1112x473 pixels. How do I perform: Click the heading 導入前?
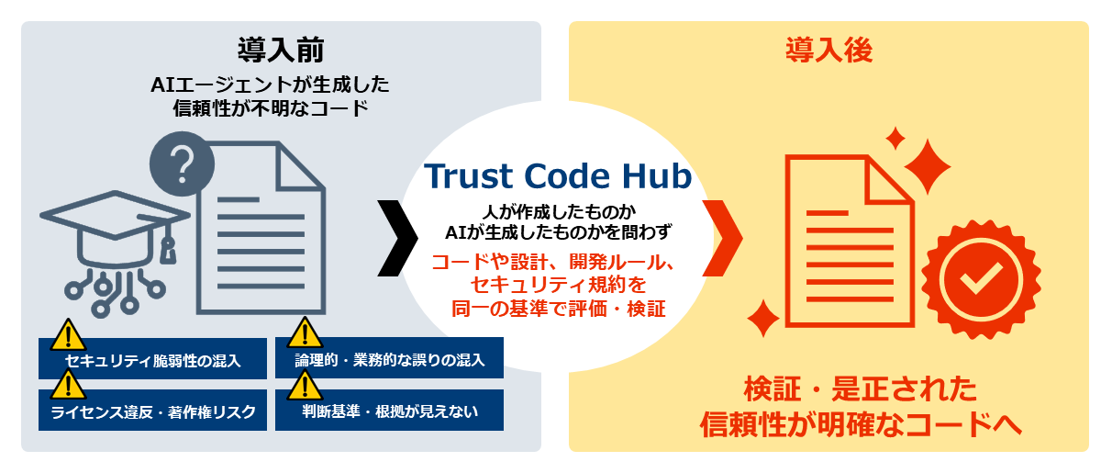pos(281,51)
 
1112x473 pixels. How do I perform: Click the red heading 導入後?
pos(829,51)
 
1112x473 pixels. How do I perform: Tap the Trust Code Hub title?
pos(558,176)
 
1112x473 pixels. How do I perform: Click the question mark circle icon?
pos(183,164)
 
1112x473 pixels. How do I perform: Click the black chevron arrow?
pos(397,239)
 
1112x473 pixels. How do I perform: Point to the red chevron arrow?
pos(722,239)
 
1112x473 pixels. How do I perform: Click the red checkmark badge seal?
pos(981,280)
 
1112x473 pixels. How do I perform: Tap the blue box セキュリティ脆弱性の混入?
pos(152,359)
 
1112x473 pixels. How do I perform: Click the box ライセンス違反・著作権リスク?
pos(152,410)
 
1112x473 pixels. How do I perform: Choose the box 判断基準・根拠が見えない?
pos(389,410)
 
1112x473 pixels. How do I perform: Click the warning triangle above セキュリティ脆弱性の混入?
pos(68,336)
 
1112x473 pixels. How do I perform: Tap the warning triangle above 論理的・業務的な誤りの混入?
pos(305,334)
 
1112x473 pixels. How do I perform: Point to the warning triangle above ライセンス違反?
pos(68,387)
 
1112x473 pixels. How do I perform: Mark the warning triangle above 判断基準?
pos(305,387)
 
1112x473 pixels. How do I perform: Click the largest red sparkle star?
pos(928,166)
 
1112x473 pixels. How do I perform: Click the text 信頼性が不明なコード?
pos(271,108)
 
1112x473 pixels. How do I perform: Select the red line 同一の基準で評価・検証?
pos(558,309)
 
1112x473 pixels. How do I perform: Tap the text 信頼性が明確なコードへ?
pos(861,424)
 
